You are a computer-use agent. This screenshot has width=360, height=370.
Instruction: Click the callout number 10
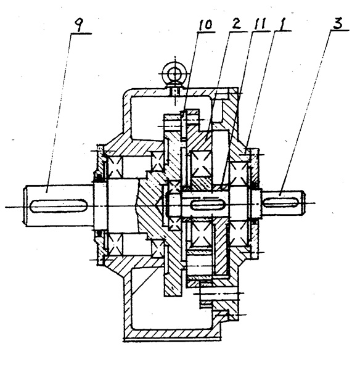[205, 25]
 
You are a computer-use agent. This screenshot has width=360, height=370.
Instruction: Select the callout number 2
[236, 24]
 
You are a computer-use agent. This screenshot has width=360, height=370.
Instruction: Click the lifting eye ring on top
[175, 73]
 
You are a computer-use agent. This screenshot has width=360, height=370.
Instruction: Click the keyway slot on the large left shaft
[59, 205]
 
